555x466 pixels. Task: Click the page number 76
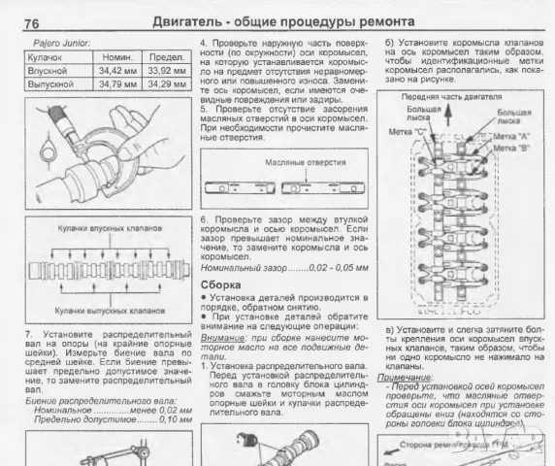(x=31, y=22)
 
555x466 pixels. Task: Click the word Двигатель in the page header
(x=189, y=21)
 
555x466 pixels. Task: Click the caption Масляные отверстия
(x=282, y=162)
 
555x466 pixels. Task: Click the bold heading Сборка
(x=219, y=283)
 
